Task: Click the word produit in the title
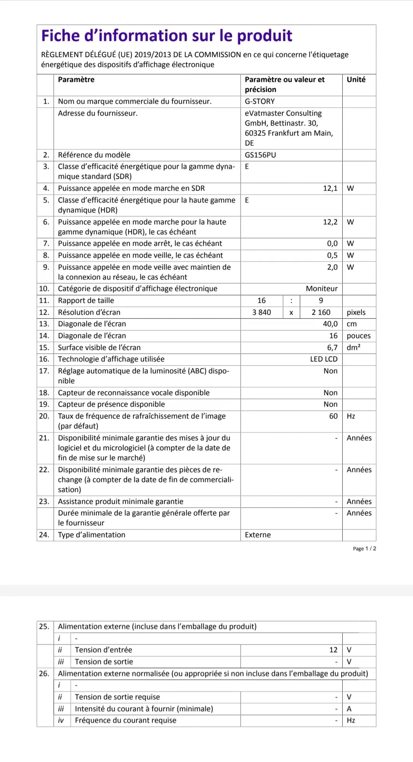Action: click(x=264, y=36)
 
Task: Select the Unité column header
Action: click(x=356, y=80)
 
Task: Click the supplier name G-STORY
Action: click(x=260, y=101)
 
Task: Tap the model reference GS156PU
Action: click(x=260, y=155)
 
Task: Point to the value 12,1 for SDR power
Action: click(x=330, y=188)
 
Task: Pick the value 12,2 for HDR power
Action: click(x=330, y=222)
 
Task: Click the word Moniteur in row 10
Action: click(x=322, y=289)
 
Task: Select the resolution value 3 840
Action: click(x=262, y=312)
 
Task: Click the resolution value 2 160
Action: click(x=321, y=312)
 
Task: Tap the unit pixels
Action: click(x=356, y=312)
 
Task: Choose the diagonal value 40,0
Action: click(x=330, y=324)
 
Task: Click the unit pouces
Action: click(x=358, y=336)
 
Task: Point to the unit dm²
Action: click(x=353, y=348)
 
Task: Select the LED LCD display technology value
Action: click(x=324, y=359)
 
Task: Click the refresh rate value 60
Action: click(x=333, y=416)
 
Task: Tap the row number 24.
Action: click(x=44, y=535)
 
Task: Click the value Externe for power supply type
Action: click(x=258, y=535)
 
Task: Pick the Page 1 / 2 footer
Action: click(x=364, y=549)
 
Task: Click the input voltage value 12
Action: click(x=333, y=650)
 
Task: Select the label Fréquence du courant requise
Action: click(x=125, y=720)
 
